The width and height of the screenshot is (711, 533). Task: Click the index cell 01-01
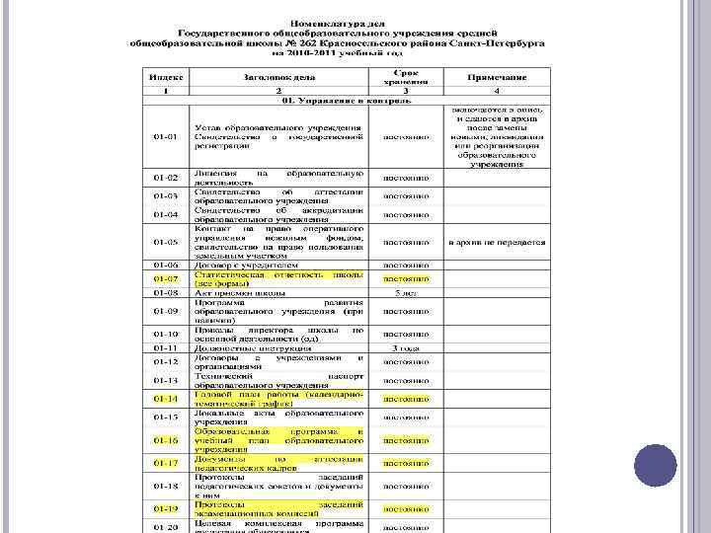coord(165,135)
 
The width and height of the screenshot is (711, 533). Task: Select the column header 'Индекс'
coord(165,76)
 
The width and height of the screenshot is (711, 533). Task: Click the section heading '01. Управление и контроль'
coord(331,101)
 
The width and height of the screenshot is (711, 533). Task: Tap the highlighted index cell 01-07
coord(165,278)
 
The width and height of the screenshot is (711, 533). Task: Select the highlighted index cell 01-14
coord(165,399)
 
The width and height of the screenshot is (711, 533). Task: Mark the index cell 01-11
coord(165,347)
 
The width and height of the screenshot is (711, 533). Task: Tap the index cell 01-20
coord(165,526)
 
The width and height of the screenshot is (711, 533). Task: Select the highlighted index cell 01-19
coord(165,507)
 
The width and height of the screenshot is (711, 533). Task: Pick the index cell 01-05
coord(165,241)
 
